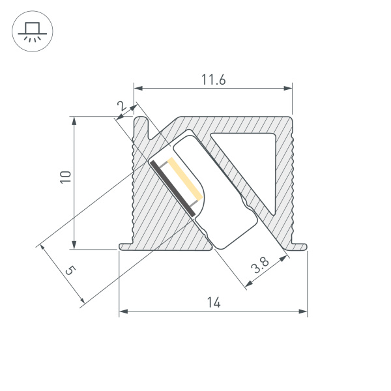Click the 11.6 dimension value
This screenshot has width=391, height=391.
[213, 80]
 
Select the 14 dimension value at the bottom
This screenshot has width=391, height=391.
[213, 302]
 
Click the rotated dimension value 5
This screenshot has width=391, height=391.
[70, 270]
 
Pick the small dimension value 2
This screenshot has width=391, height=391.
[121, 106]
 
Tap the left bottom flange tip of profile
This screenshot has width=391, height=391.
[122, 246]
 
